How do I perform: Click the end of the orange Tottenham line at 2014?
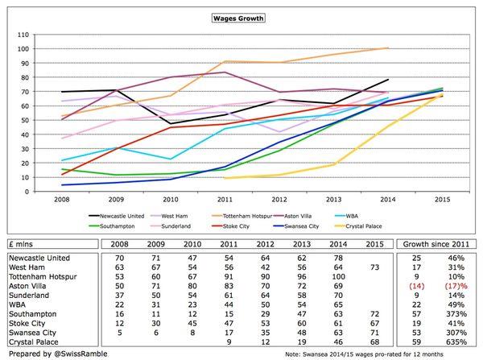coord(387,48)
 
